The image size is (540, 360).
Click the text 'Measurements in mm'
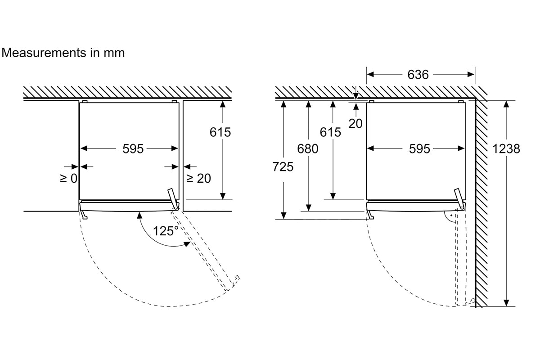(63, 53)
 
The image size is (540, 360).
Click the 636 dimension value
(418, 75)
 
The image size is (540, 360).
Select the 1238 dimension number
(506, 149)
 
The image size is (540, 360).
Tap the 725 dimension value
(283, 167)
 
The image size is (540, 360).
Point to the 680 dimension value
(308, 149)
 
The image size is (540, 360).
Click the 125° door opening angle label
(166, 231)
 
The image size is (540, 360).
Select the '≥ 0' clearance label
(69, 179)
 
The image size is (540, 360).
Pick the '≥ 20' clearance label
(198, 179)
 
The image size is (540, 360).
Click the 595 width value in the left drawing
(133, 149)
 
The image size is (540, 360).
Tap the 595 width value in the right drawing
(419, 149)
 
